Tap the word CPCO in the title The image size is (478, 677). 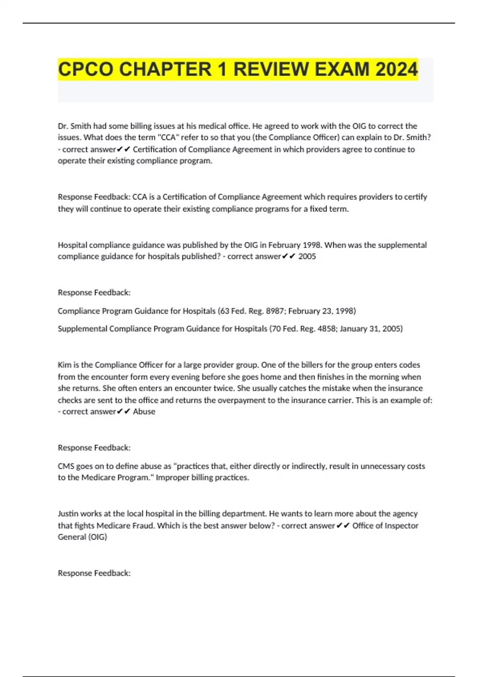86,69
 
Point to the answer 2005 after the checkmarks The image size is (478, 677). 307,256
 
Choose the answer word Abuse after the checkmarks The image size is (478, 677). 144,412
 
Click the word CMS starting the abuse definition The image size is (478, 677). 66,466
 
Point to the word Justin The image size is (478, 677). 68,514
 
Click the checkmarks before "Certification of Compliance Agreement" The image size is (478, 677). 124,149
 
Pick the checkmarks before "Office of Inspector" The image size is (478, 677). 343,526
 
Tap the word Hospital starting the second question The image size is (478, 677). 72,245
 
